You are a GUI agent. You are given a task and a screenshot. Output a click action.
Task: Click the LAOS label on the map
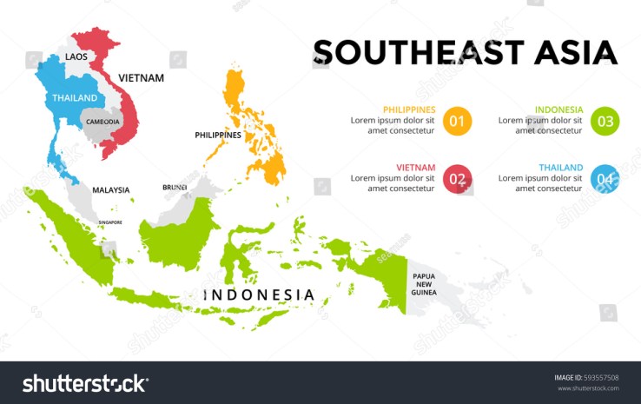(x=76, y=57)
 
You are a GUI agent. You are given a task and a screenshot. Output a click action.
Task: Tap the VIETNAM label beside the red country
(x=142, y=78)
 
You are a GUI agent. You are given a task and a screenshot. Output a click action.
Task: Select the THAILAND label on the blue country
(x=75, y=98)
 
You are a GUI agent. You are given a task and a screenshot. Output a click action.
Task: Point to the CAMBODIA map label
(x=102, y=122)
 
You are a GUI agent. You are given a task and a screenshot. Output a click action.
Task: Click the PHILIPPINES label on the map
(x=217, y=136)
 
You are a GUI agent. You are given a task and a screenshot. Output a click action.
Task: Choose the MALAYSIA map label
(x=110, y=190)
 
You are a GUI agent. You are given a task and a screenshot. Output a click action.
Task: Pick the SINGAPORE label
(x=109, y=222)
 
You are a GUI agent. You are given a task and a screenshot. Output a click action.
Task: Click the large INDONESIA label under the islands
(x=259, y=295)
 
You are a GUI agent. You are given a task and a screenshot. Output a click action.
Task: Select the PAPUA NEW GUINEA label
(x=424, y=284)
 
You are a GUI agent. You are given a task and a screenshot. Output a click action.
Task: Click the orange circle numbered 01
(x=457, y=121)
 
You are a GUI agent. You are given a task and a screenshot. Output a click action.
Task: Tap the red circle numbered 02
(x=457, y=179)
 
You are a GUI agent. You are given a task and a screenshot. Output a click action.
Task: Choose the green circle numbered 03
(x=605, y=121)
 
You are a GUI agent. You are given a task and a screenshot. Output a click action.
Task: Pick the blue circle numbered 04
(x=605, y=179)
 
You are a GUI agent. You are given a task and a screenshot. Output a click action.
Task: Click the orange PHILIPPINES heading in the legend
(x=408, y=109)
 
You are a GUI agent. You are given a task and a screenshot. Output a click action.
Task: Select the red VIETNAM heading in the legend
(x=415, y=168)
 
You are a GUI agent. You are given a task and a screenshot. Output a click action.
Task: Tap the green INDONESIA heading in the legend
(x=558, y=109)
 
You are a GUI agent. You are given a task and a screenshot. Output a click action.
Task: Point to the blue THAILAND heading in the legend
(x=560, y=168)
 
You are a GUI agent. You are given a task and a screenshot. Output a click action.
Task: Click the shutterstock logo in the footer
(x=84, y=383)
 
